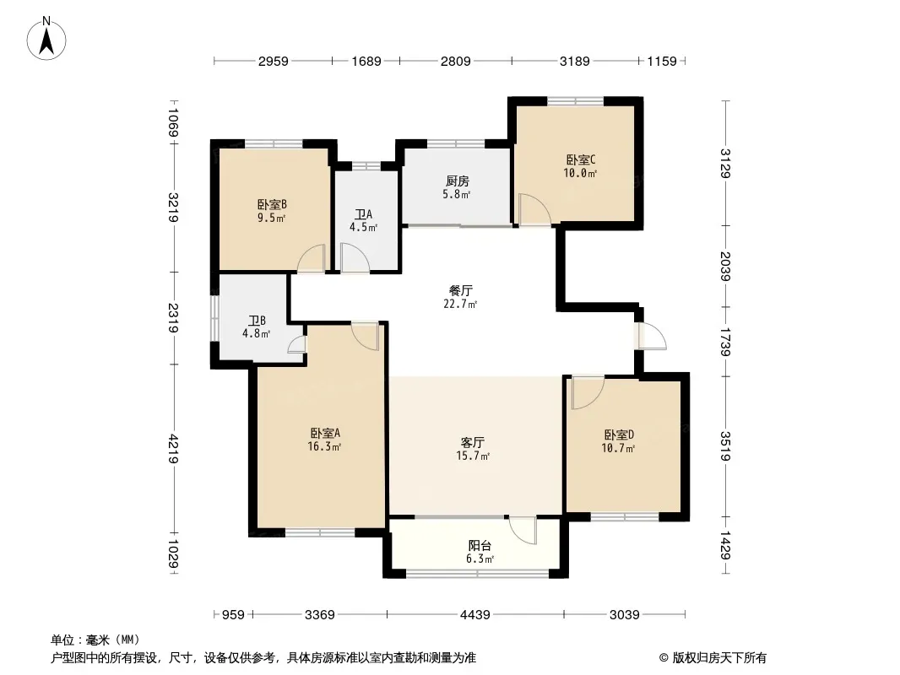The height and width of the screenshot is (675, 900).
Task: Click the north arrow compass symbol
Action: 46,39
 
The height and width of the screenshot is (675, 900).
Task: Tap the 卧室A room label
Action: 325,433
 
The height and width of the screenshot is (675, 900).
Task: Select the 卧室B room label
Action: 272,205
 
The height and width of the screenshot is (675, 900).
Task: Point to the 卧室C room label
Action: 580,159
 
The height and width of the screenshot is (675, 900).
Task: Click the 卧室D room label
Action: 618,435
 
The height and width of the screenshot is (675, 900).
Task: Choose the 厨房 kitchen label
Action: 457,181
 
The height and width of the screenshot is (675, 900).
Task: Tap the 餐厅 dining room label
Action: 460,291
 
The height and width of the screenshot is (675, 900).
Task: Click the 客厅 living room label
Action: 473,443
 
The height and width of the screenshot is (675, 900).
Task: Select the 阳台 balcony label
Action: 480,546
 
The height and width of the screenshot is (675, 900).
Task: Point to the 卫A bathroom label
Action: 363,214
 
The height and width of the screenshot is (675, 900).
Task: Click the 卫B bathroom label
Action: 257,321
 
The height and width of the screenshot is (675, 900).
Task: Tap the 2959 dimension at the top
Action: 274,61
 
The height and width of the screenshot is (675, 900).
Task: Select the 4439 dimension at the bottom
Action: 475,615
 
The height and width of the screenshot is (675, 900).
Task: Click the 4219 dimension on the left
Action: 173,450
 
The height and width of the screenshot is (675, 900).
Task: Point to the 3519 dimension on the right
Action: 725,446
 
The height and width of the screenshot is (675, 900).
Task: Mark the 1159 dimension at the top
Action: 662,61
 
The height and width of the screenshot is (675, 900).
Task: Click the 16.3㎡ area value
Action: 324,446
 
